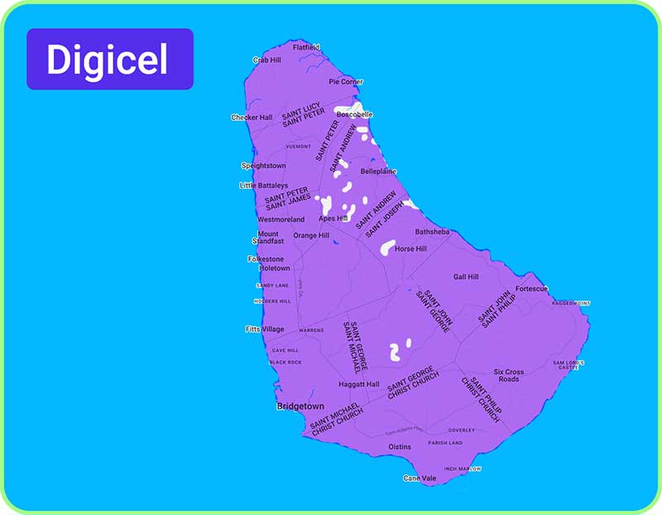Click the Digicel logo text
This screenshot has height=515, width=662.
coord(108,60)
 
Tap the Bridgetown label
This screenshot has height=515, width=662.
coord(301,407)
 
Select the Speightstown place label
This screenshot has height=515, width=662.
coord(263,166)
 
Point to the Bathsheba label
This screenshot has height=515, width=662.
coord(432,232)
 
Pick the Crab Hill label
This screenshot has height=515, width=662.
coord(266,60)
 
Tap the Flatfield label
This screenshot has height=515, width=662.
coord(307,47)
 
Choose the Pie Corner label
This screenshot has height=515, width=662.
coord(346,82)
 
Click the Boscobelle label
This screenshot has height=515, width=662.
coord(355,114)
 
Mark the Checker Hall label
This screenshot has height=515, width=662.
coord(252,118)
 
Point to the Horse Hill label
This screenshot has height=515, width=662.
coord(410,248)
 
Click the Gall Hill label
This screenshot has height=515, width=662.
coord(466,277)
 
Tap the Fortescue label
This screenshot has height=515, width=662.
coord(531,289)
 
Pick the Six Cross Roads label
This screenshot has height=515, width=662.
coord(509,375)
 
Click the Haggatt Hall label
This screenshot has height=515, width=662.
coord(359,384)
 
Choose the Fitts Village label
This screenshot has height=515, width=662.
coord(265,330)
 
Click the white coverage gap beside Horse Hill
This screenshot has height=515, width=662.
coord(386,246)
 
